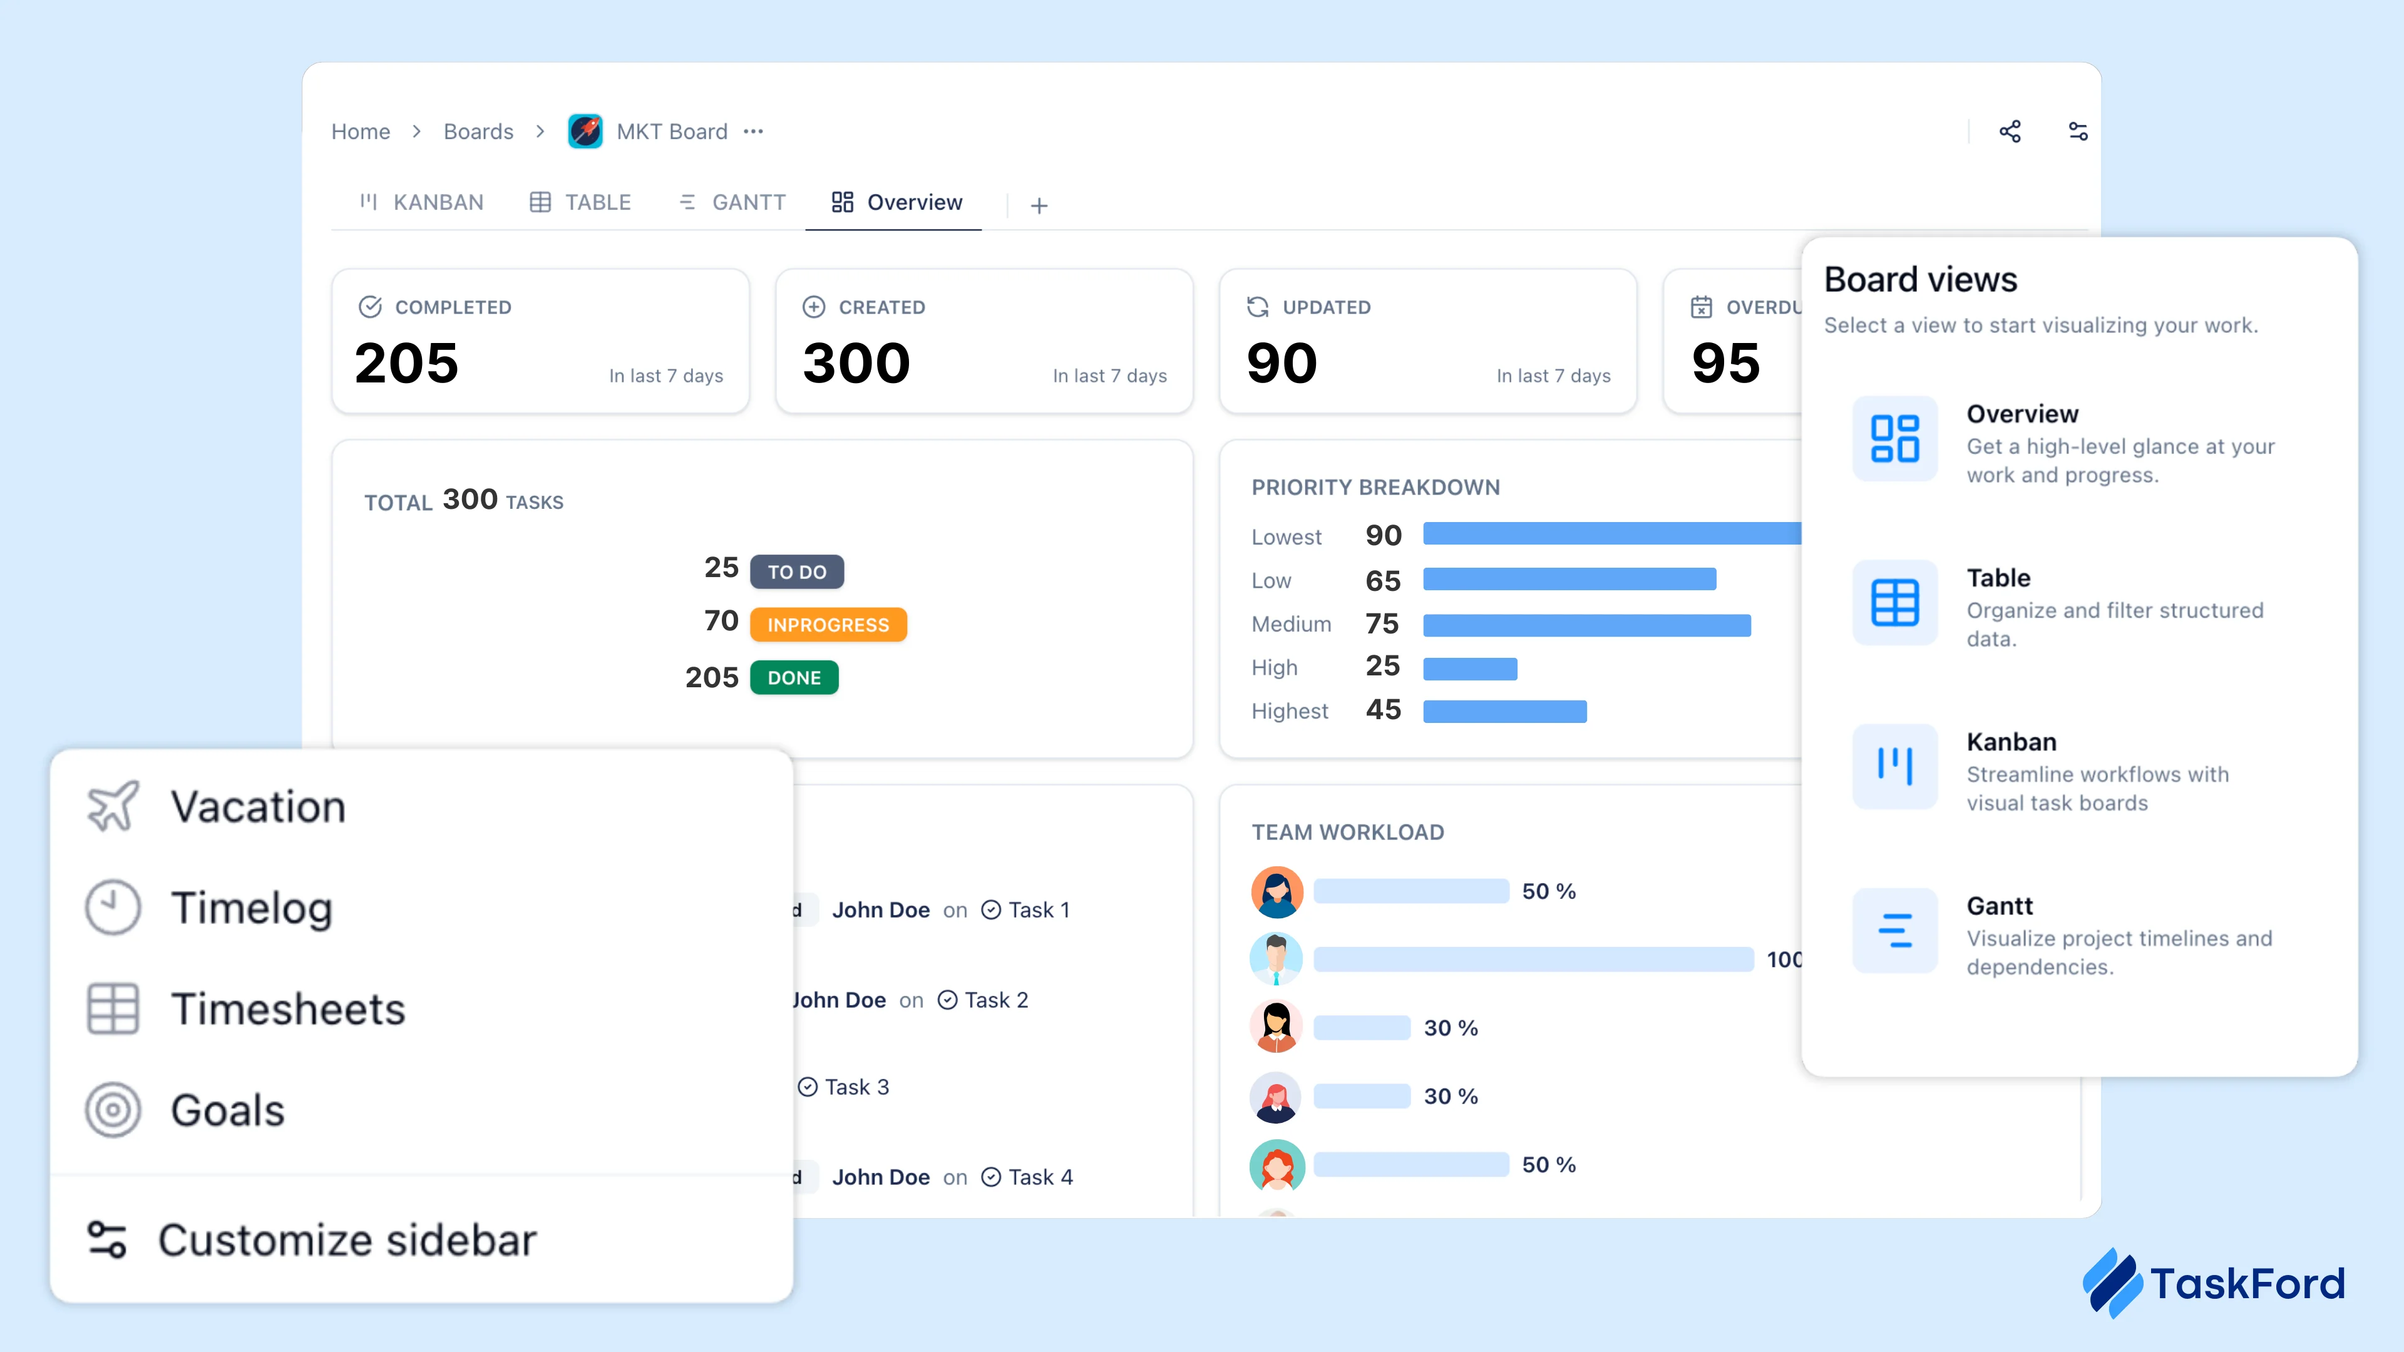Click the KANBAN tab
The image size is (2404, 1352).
(x=422, y=202)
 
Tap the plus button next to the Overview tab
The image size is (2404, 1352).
(x=1039, y=205)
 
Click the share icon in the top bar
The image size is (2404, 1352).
(x=2009, y=131)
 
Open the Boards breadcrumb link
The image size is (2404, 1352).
(x=478, y=131)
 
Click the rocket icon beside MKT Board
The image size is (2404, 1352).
(x=585, y=131)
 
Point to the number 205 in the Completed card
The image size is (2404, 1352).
(x=407, y=363)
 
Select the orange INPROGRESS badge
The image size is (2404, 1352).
(x=828, y=624)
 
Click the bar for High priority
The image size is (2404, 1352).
(x=1470, y=668)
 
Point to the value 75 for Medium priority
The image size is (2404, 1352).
(x=1382, y=623)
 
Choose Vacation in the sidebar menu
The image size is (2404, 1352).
(x=257, y=807)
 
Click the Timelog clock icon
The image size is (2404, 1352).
(x=113, y=907)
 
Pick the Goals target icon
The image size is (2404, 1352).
(x=113, y=1109)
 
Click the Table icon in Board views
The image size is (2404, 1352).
(x=1894, y=603)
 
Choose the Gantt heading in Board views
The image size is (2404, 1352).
(x=1999, y=906)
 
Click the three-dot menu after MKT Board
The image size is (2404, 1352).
(x=753, y=131)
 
